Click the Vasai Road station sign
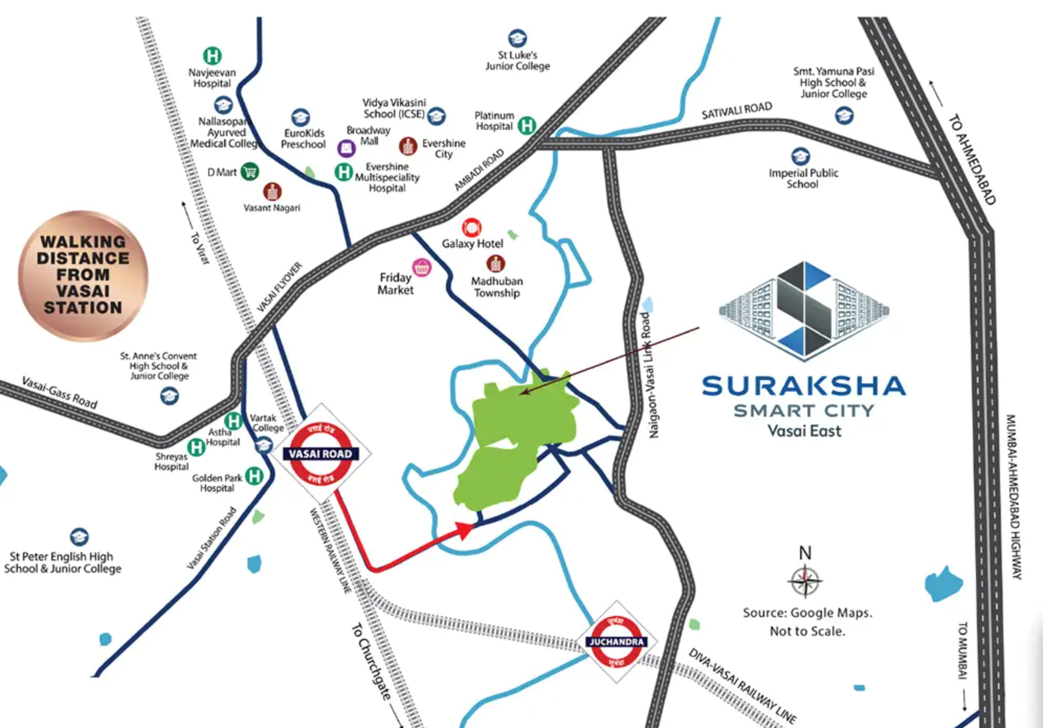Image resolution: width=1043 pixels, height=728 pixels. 320,454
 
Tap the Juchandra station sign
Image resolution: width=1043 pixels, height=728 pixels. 616,642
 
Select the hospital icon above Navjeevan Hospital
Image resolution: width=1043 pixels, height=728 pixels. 212,56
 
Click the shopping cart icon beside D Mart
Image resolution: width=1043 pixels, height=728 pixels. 250,171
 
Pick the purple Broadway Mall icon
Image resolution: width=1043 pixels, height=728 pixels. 346,149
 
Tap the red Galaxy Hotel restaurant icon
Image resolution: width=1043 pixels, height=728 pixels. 471,228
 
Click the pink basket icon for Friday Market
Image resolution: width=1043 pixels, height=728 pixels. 421,268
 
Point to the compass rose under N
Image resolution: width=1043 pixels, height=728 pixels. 805,581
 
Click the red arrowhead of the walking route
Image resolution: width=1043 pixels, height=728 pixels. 465,530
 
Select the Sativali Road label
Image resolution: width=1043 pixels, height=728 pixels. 737,111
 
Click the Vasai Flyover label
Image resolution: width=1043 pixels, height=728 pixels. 280,286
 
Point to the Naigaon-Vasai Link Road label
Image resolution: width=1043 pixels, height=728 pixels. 649,375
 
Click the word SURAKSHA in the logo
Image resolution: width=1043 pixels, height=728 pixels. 804,387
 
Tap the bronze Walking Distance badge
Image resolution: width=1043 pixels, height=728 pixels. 83,275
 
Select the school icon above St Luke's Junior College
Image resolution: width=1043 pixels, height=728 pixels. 517,38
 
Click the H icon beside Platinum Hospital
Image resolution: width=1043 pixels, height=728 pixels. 527,125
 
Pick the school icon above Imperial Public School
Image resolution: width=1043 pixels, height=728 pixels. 800,156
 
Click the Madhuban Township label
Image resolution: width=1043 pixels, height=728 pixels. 496,286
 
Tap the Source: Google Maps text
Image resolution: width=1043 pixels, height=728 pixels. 807,613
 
